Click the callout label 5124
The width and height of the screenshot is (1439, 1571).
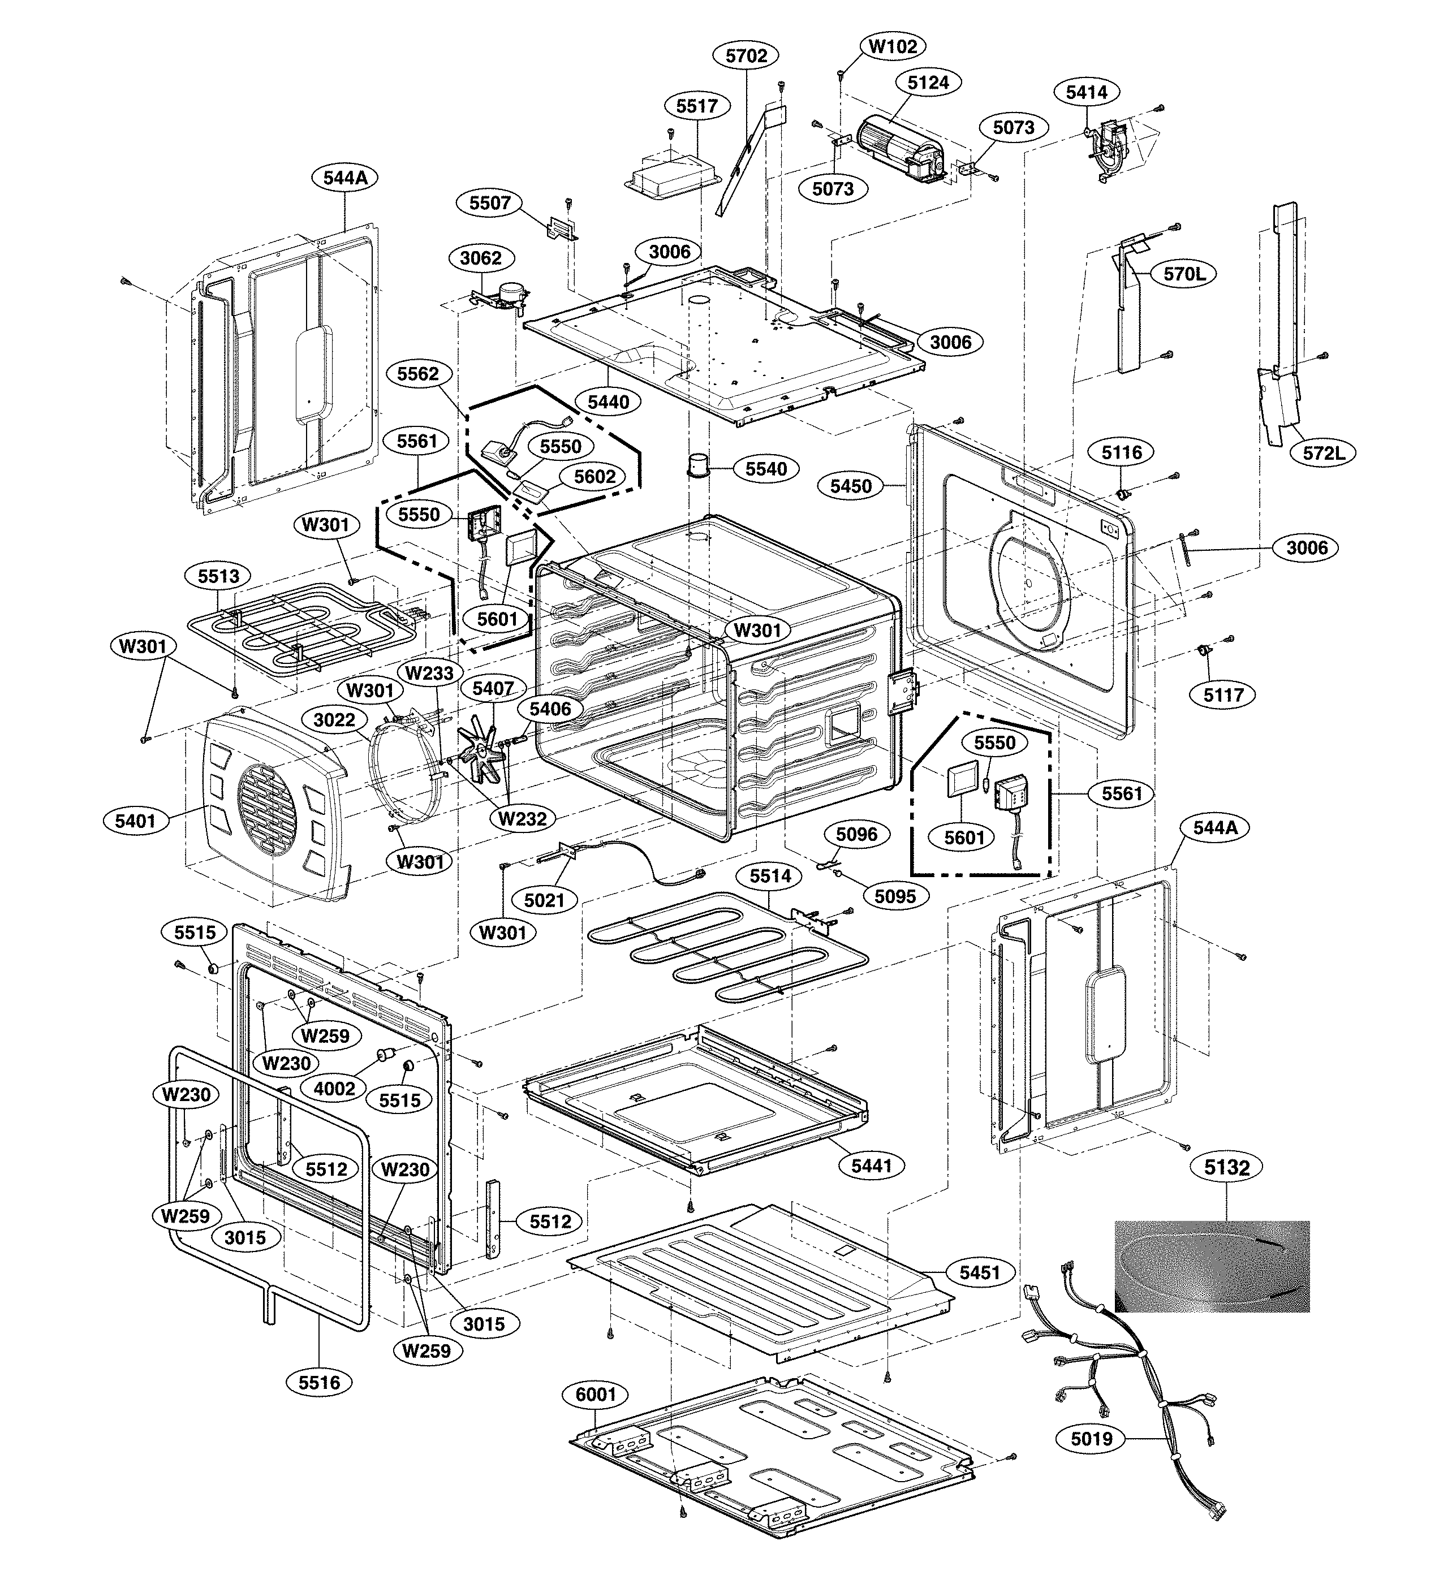tap(928, 82)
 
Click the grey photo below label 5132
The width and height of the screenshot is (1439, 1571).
tap(1212, 1266)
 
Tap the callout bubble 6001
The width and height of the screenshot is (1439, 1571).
tap(596, 1394)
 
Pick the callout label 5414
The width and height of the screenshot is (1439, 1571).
tap(1087, 92)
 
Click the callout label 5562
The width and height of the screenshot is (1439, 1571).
tap(418, 373)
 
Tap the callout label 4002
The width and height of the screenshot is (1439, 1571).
tap(334, 1088)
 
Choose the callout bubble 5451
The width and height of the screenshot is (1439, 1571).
tap(980, 1272)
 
